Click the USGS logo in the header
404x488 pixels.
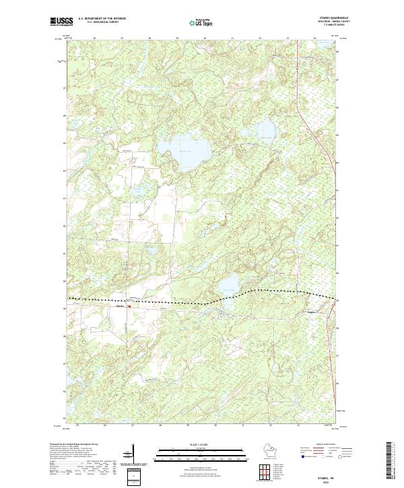pos(61,22)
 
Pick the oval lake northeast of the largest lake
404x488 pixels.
pos(267,128)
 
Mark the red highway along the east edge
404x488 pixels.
pos(316,135)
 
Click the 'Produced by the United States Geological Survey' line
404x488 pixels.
pos(74,444)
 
